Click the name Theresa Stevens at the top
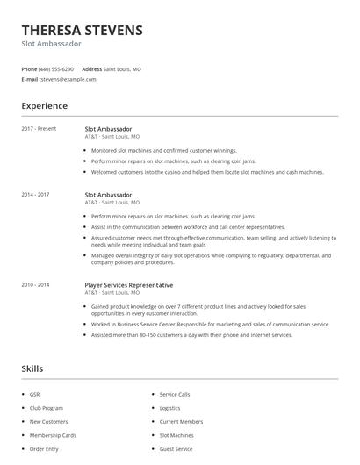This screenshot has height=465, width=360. [x=82, y=30]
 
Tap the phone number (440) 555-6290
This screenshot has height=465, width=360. [x=57, y=68]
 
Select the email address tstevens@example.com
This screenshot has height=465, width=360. [x=68, y=79]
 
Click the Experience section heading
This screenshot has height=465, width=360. [x=44, y=106]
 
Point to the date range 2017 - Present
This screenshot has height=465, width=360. [x=39, y=129]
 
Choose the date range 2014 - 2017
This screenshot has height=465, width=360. [x=36, y=195]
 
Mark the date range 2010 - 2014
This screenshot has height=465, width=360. [x=36, y=285]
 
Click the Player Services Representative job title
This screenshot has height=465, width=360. [x=128, y=285]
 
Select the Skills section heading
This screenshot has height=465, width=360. [x=32, y=368]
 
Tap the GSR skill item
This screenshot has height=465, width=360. [x=35, y=395]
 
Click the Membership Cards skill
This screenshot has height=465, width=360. [x=53, y=435]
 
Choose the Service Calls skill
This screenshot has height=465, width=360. [x=175, y=395]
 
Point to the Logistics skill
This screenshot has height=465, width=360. [x=169, y=408]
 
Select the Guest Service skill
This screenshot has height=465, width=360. [x=176, y=448]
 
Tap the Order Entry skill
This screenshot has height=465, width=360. [x=43, y=448]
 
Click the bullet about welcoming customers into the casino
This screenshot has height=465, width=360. [x=206, y=172]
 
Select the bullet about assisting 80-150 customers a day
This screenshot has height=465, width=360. [x=191, y=334]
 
